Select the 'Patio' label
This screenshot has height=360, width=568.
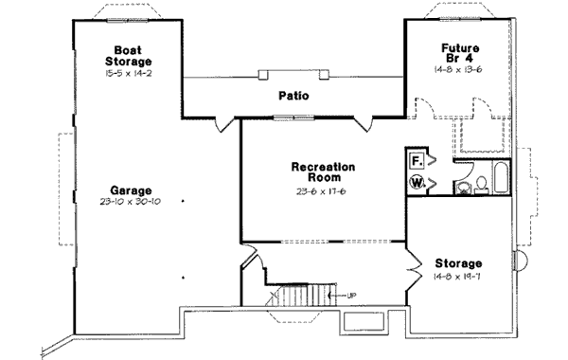pyautogui.click(x=294, y=96)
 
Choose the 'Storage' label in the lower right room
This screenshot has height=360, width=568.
pyautogui.click(x=458, y=262)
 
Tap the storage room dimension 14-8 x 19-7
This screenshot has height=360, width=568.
pyautogui.click(x=458, y=276)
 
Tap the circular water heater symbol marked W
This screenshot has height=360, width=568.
pyautogui.click(x=417, y=183)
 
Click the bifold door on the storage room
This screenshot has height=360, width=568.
pyautogui.click(x=413, y=271)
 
